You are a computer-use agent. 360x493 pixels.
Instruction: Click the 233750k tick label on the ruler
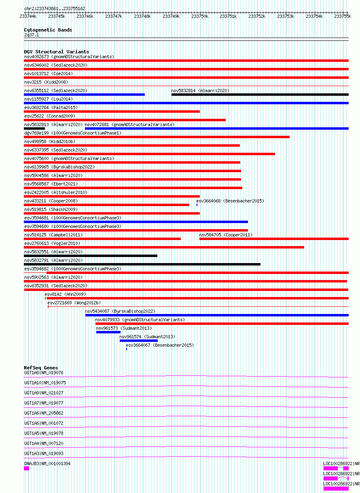point(199,16)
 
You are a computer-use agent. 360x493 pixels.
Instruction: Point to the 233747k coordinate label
point(114,16)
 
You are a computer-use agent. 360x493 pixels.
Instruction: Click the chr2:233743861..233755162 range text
point(55,8)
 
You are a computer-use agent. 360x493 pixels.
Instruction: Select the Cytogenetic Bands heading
point(48,30)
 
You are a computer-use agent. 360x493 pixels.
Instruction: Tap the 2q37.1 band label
point(32,35)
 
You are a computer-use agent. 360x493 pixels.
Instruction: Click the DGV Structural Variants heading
point(57,52)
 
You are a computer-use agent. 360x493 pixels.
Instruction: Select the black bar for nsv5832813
point(34,129)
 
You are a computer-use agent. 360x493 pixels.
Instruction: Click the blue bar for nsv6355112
point(85,95)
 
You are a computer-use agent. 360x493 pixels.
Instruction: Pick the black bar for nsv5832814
point(260,95)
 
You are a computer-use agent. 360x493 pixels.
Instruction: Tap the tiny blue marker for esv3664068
point(197,205)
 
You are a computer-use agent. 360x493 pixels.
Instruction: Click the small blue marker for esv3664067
point(127,349)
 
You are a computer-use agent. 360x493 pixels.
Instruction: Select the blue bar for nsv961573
point(108,332)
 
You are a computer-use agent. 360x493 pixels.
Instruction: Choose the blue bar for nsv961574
point(139,341)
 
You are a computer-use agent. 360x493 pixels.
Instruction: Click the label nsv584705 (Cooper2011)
point(226,235)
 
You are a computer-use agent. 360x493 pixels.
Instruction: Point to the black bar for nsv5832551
point(91,256)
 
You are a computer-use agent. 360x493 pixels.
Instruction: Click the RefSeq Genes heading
point(41,368)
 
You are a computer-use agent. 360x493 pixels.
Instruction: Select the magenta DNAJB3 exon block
point(26,468)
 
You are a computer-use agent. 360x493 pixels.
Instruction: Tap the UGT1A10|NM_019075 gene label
point(45,383)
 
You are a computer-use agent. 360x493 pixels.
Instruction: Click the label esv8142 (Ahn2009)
point(65,294)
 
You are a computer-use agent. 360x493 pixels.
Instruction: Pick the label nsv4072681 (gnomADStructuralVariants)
point(129,124)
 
